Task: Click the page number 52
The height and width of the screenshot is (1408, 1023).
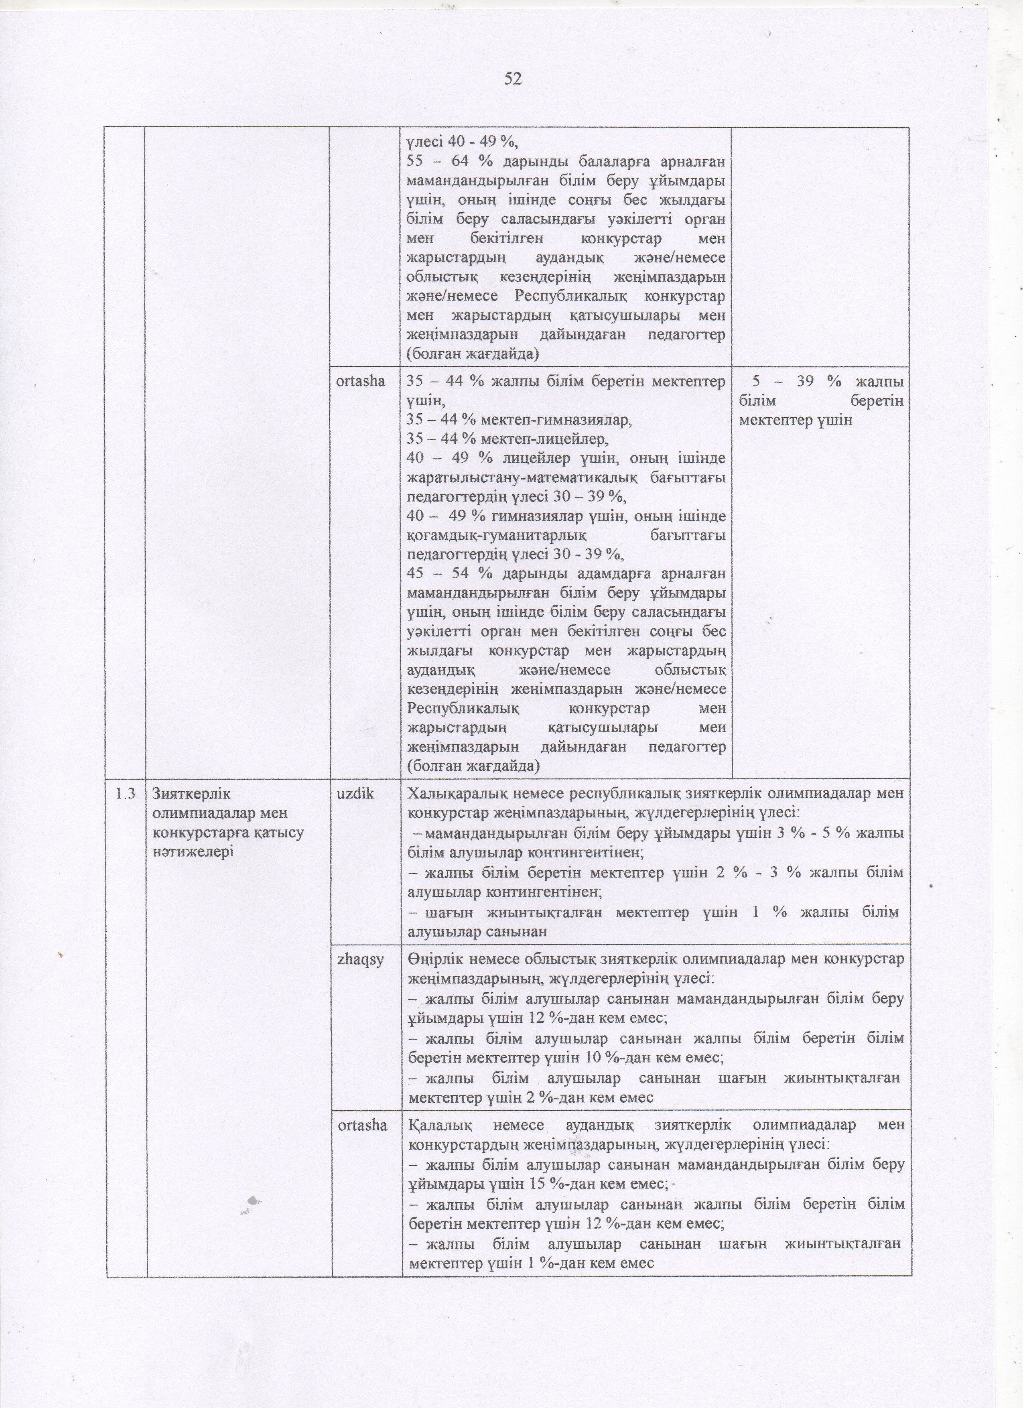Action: (513, 79)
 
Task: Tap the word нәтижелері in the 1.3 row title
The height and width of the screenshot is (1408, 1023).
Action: (193, 851)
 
